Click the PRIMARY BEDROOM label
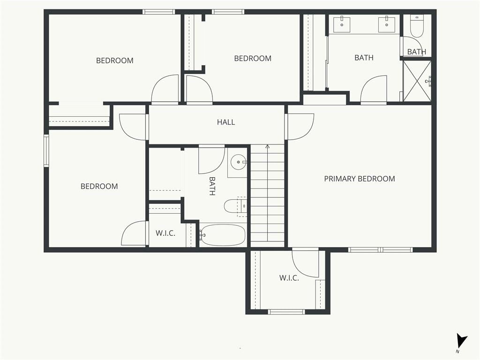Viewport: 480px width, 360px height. [x=360, y=179]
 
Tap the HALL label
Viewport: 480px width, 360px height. [x=226, y=122]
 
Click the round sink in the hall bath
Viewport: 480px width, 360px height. [x=239, y=161]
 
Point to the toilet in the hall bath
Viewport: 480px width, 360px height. [x=235, y=206]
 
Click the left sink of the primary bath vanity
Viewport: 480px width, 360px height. [x=342, y=24]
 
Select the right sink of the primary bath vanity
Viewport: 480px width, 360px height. [x=387, y=24]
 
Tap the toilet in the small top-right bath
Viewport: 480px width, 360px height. [x=417, y=26]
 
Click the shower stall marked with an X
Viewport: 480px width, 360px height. [x=417, y=81]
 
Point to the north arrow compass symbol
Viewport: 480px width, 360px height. [x=461, y=341]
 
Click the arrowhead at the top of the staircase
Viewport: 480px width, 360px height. [x=268, y=147]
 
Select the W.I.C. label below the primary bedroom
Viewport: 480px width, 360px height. [x=289, y=278]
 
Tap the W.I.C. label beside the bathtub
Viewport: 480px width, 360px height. [x=165, y=233]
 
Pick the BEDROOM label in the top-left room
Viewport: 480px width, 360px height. [x=115, y=60]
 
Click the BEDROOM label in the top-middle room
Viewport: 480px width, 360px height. [x=253, y=59]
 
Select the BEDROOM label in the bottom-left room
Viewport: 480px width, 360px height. [x=99, y=186]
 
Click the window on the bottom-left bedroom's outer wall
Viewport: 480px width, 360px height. [x=46, y=150]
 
